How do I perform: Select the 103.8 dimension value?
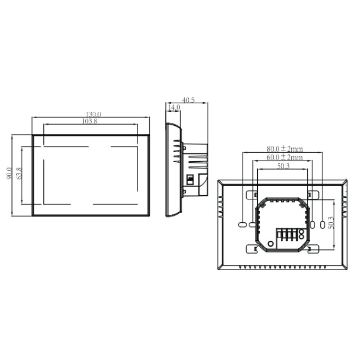90,121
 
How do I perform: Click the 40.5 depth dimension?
189,100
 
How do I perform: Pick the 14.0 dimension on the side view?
173,108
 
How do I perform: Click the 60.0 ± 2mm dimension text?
285,157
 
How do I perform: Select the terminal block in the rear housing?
287,237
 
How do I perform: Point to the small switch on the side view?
190,180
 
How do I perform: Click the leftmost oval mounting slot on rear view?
242,224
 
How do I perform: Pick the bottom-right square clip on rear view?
312,249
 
